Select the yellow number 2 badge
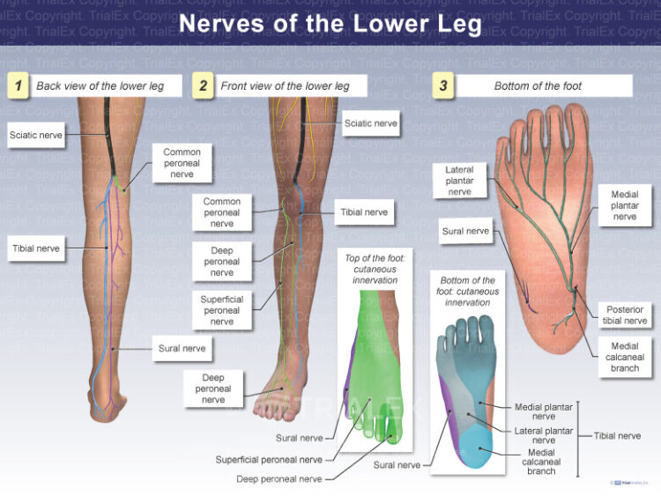(204, 85)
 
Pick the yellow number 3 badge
(443, 85)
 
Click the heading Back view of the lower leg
(107, 85)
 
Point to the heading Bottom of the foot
(548, 85)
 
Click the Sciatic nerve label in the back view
(35, 135)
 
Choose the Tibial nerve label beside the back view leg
(35, 248)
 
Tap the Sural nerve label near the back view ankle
(182, 348)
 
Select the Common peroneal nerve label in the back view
(182, 163)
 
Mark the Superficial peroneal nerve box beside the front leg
(221, 310)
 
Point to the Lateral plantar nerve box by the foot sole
(459, 181)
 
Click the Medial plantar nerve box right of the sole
(624, 204)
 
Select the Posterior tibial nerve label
(625, 315)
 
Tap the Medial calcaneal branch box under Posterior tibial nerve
(625, 357)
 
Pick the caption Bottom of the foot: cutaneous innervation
(467, 291)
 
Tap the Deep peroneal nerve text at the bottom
(279, 479)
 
